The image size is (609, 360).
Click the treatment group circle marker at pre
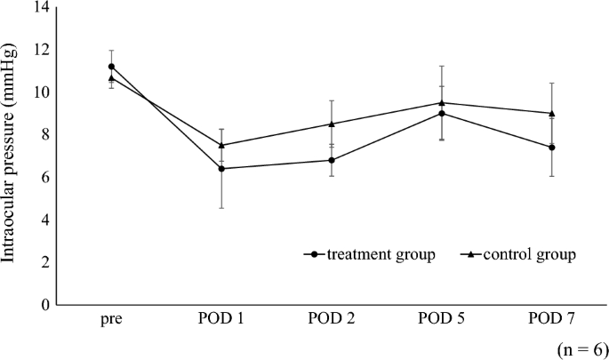pos(111,67)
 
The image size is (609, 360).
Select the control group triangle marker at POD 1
pos(221,145)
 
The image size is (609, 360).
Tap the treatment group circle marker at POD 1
pos(221,168)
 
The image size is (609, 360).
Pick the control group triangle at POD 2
pos(332,124)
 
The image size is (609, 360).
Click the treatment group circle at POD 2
pos(332,160)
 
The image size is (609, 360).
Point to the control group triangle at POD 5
pos(442,102)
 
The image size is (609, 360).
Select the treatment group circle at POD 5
pos(442,113)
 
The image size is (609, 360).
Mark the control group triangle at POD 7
pos(552,113)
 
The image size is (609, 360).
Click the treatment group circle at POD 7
pos(552,148)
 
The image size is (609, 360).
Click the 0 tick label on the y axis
pos(44,305)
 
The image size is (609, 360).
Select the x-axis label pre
pos(111,319)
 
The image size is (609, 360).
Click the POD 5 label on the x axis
pos(442,319)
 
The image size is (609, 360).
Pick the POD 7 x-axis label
pos(552,319)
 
